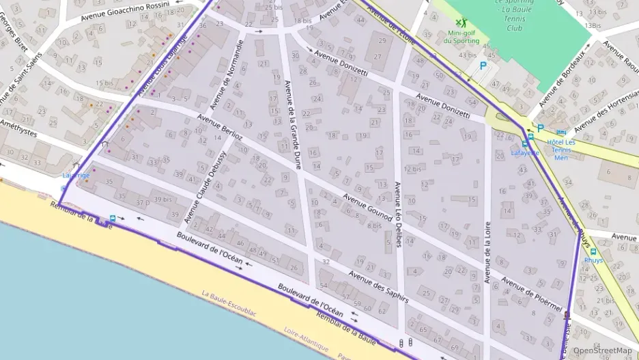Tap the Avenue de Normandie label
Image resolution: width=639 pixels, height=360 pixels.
[227, 74]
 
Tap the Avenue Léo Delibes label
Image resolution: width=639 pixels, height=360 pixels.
[398, 214]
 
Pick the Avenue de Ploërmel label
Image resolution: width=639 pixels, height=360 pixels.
[531, 293]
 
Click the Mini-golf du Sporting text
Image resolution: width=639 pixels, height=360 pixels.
[461, 37]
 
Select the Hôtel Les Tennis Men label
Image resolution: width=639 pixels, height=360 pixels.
[560, 150]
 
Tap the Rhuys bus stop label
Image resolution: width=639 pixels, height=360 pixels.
[593, 260]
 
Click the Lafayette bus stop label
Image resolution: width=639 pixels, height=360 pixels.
[525, 153]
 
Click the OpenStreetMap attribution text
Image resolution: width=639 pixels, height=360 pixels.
[602, 351]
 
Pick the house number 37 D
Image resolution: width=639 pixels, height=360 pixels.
[142, 202]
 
